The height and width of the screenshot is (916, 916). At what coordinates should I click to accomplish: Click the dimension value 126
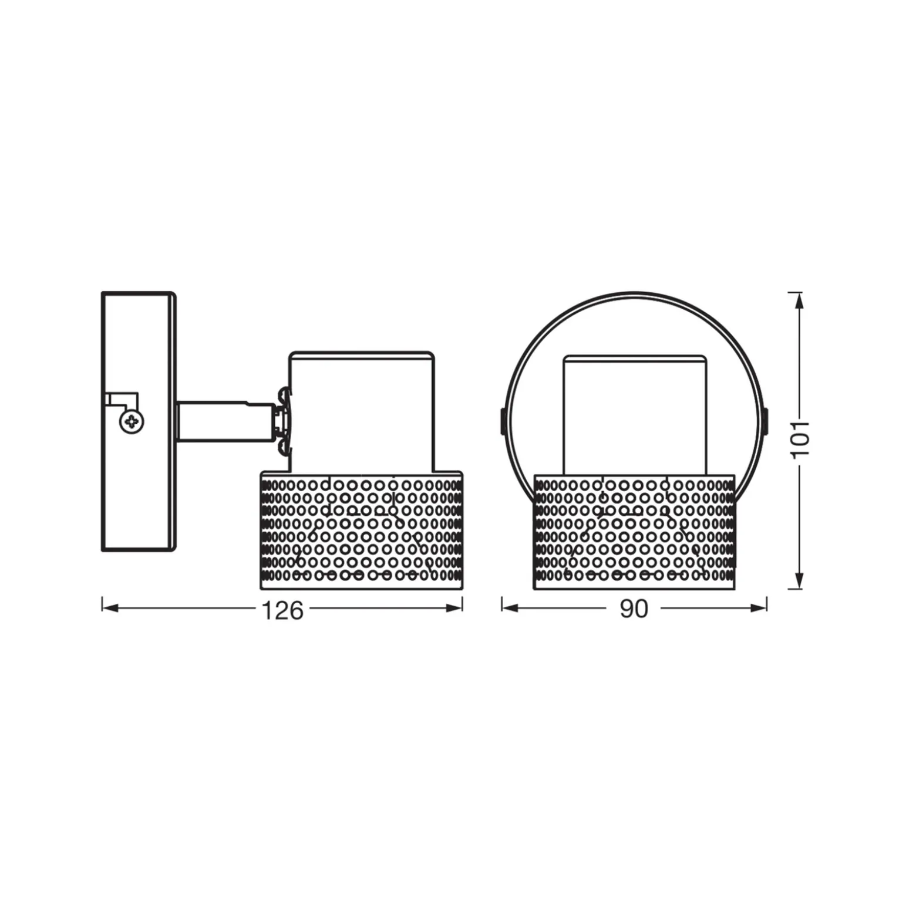(x=282, y=611)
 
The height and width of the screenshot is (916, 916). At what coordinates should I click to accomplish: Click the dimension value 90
(x=634, y=610)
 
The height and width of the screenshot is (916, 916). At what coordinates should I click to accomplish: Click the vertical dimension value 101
(x=800, y=439)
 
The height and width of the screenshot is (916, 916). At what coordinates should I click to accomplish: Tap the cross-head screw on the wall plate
(x=132, y=421)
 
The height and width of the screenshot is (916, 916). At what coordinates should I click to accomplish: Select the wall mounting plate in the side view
(x=139, y=421)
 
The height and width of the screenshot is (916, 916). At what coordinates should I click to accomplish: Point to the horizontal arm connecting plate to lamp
(x=224, y=421)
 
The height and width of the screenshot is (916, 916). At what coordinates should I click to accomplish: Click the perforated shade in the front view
(x=634, y=532)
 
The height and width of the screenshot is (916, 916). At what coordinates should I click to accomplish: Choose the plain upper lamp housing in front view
(x=635, y=415)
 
